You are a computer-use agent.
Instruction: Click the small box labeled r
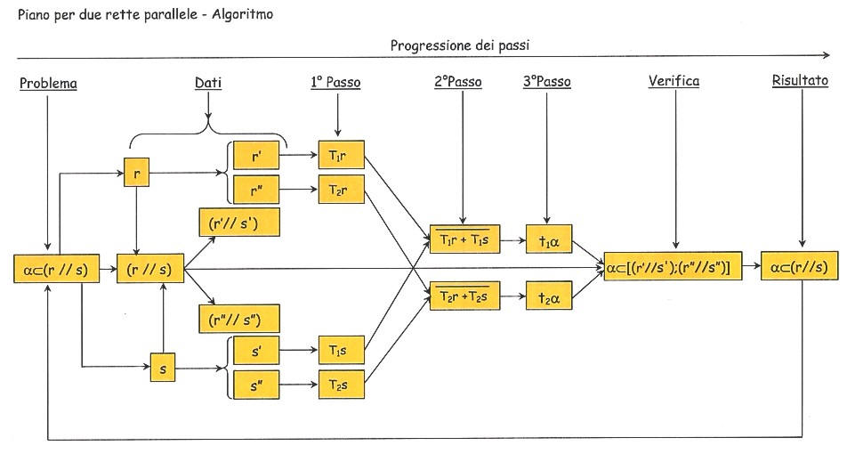coord(137,173)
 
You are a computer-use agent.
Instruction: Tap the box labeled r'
coord(256,156)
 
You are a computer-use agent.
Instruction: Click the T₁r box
coord(342,155)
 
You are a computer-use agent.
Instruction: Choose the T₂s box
coord(342,385)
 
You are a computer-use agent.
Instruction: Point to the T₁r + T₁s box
coord(464,239)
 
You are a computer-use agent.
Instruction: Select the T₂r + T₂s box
coord(464,296)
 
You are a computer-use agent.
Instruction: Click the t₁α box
coord(549,239)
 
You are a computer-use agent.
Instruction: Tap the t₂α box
coord(549,296)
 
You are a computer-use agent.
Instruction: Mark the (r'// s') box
coord(239,223)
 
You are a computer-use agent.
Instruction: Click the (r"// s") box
coord(239,319)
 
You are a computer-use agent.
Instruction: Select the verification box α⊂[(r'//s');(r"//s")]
coord(673,266)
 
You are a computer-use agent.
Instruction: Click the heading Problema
coord(48,84)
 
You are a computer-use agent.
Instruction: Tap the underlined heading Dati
coord(208,84)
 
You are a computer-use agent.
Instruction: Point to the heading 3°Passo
coord(546,82)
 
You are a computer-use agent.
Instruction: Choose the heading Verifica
coord(674,82)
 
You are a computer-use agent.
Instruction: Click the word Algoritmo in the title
coord(242,14)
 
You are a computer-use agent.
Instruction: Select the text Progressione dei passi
coord(460,45)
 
